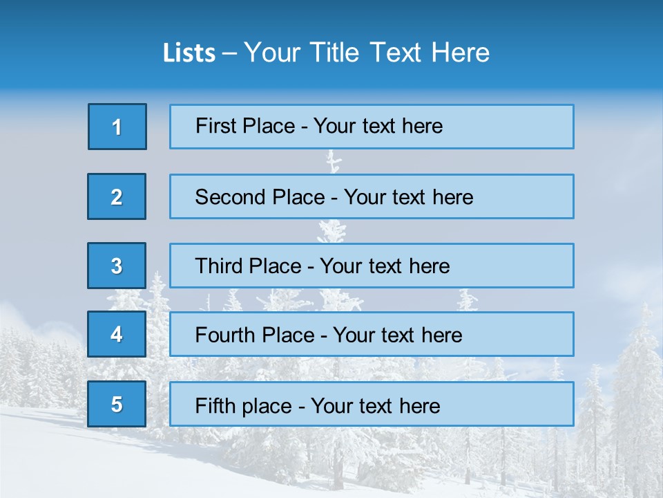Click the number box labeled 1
117,127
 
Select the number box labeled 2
117,196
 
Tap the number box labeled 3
117,266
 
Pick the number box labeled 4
117,334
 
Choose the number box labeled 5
117,404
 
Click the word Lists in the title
189,53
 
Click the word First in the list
215,126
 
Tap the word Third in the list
220,266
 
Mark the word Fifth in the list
214,405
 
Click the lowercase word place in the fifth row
265,406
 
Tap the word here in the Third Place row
429,266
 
